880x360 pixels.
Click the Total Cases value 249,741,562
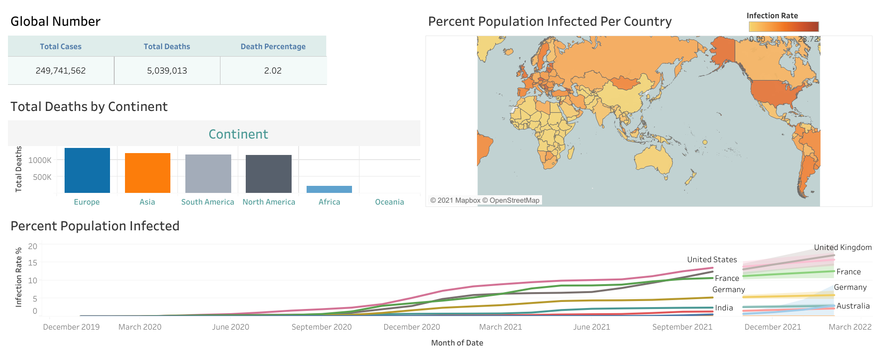[61, 71]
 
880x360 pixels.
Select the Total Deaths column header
[167, 46]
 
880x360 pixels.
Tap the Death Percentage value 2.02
[273, 71]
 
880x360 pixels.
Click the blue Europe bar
[87, 170]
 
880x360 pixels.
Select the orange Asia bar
[147, 173]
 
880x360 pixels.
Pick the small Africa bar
[329, 189]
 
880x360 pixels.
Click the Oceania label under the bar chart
[389, 202]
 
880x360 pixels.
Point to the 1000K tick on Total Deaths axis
[40, 160]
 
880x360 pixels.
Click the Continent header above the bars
[238, 134]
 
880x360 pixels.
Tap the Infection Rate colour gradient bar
[784, 27]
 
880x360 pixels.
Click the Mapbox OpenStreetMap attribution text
[484, 200]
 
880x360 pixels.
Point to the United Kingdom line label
[843, 247]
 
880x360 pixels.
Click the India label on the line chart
[724, 308]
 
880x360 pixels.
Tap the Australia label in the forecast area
[853, 306]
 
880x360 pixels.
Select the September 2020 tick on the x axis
[322, 327]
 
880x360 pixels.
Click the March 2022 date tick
[850, 327]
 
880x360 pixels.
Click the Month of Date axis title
[457, 343]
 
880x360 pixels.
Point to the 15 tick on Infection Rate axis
[33, 263]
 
